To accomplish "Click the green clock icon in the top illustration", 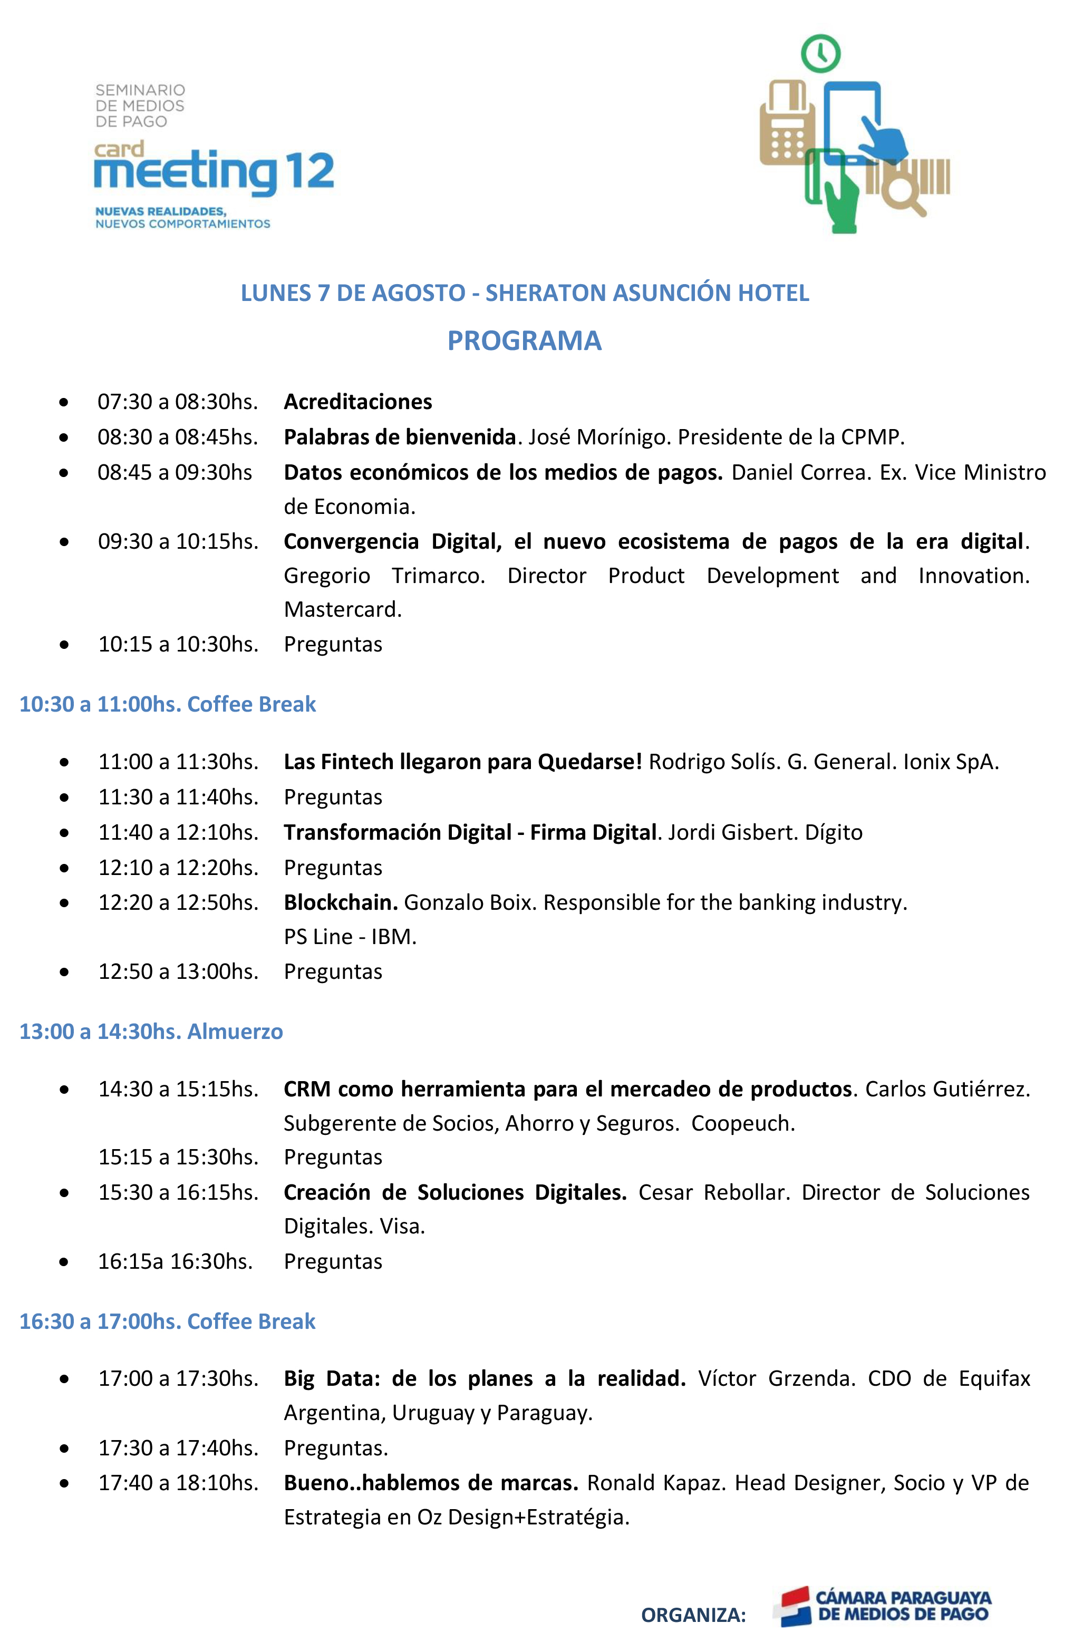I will coord(820,53).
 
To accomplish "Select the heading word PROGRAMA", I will coord(524,341).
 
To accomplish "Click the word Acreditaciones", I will coord(358,402).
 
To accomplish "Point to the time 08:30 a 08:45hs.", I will coord(178,437).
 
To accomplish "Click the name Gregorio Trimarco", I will coord(384,575).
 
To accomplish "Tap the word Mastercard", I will coord(343,609).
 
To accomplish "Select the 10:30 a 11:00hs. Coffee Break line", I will coord(167,704).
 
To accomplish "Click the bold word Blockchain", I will coord(340,902).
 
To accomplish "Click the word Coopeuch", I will coord(742,1123).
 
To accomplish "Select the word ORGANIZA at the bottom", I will coord(693,1615).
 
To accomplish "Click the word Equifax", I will coord(994,1378).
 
